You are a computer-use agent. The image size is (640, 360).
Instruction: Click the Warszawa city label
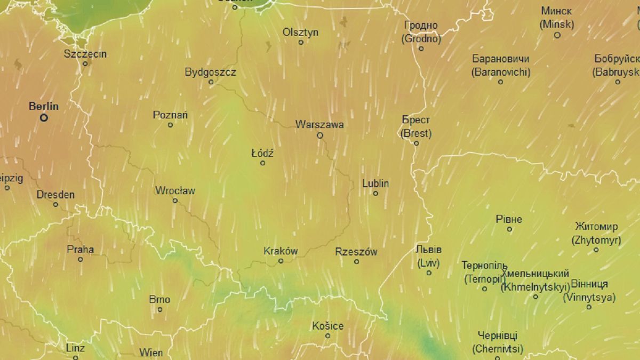click(x=319, y=125)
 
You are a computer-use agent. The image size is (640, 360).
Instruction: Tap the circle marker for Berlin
click(x=44, y=117)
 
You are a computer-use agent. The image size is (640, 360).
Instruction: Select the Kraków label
click(x=281, y=251)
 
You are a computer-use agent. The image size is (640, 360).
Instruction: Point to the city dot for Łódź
click(x=262, y=163)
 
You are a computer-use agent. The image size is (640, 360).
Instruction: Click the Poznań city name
click(x=170, y=115)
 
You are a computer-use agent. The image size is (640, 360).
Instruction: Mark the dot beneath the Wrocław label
click(x=175, y=201)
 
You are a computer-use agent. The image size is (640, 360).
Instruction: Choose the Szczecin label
click(x=85, y=54)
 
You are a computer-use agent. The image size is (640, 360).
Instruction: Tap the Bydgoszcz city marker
click(x=211, y=82)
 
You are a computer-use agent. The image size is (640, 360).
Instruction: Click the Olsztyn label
click(x=301, y=33)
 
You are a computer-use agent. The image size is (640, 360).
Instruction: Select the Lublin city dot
click(x=375, y=193)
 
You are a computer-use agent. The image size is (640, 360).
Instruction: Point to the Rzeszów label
click(x=356, y=252)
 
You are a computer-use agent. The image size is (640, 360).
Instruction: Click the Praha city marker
click(x=81, y=259)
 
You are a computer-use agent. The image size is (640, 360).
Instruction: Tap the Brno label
click(x=159, y=299)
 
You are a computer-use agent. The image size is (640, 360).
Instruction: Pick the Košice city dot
click(x=327, y=336)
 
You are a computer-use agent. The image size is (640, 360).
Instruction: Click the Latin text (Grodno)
click(x=421, y=39)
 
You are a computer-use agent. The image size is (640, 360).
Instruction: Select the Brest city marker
click(x=417, y=143)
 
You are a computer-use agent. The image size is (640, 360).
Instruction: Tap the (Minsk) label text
click(x=557, y=25)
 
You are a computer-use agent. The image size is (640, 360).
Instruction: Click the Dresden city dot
click(x=55, y=204)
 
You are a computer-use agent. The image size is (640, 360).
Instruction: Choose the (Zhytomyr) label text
click(x=596, y=240)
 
